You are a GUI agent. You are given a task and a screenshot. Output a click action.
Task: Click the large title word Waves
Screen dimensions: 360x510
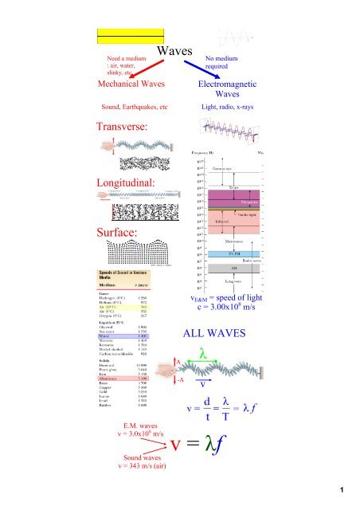175,53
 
